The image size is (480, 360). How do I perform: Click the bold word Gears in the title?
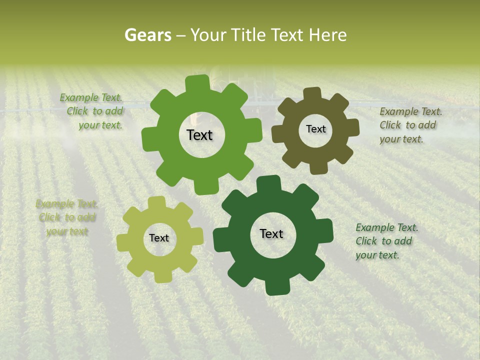pyautogui.click(x=147, y=35)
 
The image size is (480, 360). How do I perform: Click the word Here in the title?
pyautogui.click(x=328, y=35)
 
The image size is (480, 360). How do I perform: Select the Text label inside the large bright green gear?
pyautogui.click(x=199, y=135)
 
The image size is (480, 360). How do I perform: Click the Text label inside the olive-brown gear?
pyautogui.click(x=315, y=129)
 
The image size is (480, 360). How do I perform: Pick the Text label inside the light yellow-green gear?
pyautogui.click(x=159, y=238)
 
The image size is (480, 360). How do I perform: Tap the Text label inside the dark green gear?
pyautogui.click(x=271, y=233)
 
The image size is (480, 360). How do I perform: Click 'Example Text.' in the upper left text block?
pyautogui.click(x=91, y=97)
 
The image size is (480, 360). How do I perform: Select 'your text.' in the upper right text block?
pyautogui.click(x=401, y=139)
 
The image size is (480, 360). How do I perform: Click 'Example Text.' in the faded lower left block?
pyautogui.click(x=66, y=203)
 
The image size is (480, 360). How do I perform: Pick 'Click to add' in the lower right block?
pyautogui.click(x=383, y=241)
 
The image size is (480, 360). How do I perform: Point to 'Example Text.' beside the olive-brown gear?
pyautogui.click(x=410, y=111)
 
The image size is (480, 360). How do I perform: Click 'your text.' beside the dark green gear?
pyautogui.click(x=377, y=255)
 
